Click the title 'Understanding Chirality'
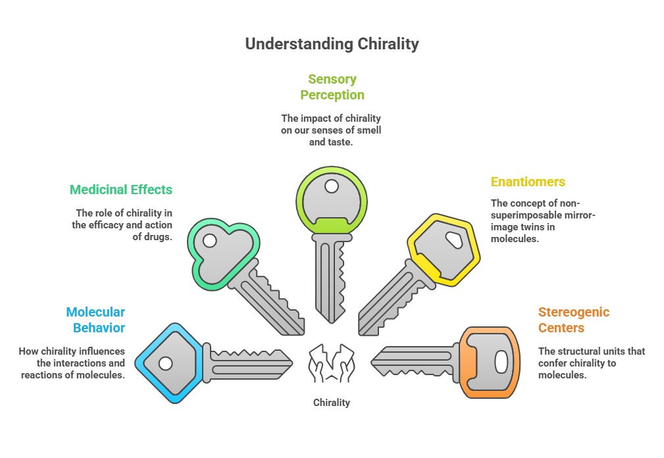coord(332,44)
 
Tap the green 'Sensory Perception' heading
coord(332,87)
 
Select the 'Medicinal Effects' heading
coord(121,190)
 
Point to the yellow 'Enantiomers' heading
coord(528,182)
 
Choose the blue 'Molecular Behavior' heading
coord(95,320)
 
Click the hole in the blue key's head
coord(165,363)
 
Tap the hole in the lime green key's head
coord(332,187)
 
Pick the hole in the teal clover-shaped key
coord(209,241)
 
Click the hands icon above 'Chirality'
coord(332,363)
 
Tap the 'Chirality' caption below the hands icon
coord(332,402)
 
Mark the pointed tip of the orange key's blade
coord(372,361)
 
